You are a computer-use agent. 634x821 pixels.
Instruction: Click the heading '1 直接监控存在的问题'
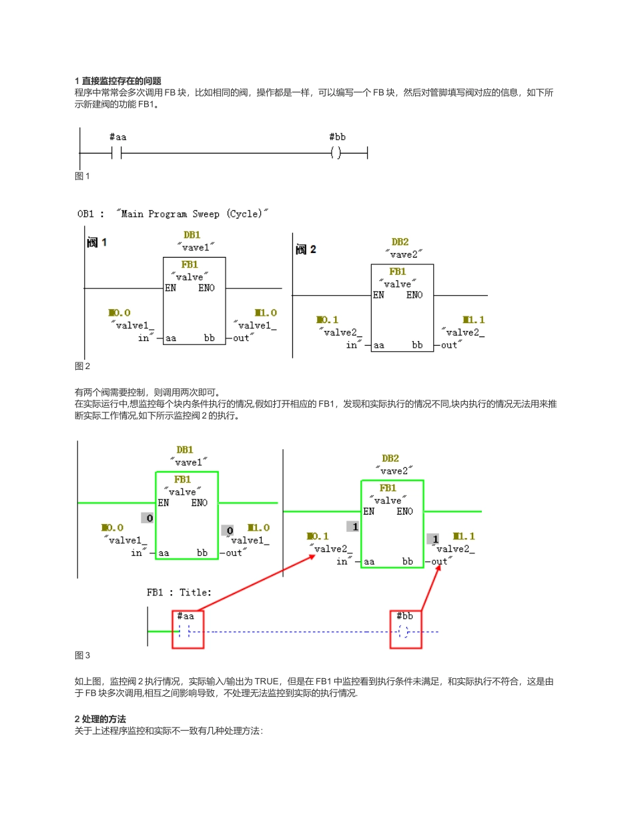[118, 81]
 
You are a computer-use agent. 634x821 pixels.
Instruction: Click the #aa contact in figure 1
[117, 153]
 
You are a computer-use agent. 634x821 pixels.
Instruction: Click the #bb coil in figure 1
[336, 153]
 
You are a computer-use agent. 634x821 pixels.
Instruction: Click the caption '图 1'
[82, 176]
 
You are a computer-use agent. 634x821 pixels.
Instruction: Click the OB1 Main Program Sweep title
[173, 214]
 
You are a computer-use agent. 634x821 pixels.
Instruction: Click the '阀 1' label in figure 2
[97, 242]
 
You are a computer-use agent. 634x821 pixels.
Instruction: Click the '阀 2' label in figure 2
[306, 249]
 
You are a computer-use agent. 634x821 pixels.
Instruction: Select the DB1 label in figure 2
[192, 235]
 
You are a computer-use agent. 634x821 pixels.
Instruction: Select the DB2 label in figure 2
[400, 242]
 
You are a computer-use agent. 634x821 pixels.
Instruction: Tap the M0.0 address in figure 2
[119, 312]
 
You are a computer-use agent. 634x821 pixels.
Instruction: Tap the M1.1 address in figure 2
[474, 320]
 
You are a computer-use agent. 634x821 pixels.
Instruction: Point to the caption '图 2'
[82, 366]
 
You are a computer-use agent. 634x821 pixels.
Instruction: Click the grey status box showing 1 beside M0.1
[354, 527]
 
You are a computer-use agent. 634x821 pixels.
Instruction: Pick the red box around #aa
[188, 629]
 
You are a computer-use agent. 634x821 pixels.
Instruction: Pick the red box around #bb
[406, 629]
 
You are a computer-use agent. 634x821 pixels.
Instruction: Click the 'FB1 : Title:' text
[179, 592]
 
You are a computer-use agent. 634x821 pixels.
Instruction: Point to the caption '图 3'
[82, 655]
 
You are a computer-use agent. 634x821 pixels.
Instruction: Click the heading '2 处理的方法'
[100, 719]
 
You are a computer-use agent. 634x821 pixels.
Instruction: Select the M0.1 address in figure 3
[318, 536]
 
